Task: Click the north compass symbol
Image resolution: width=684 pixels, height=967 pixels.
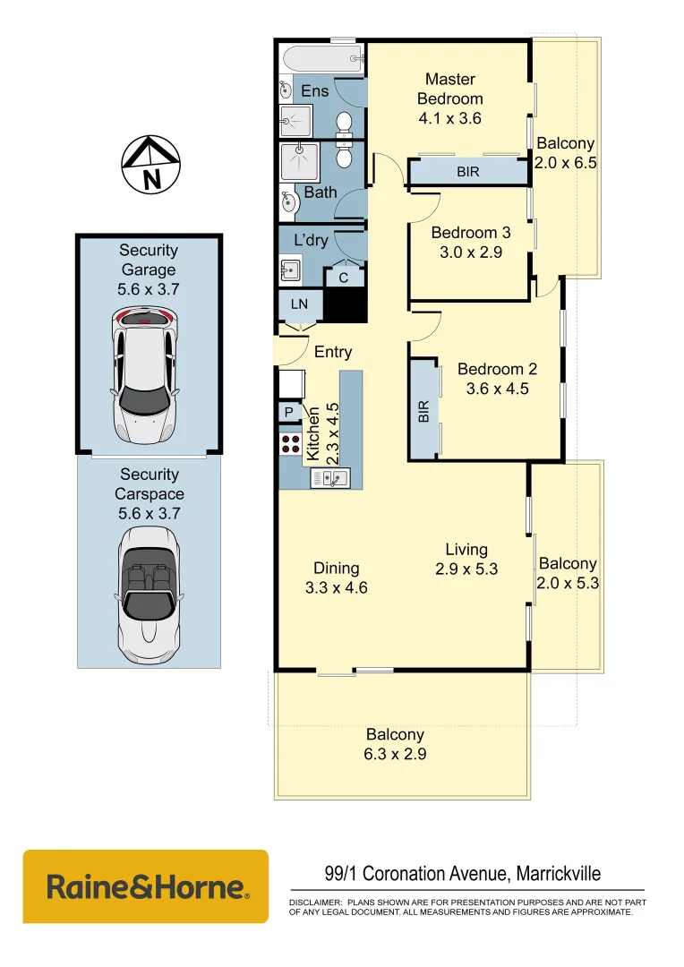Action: click(x=150, y=165)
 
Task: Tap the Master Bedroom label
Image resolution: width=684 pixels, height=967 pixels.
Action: click(x=450, y=89)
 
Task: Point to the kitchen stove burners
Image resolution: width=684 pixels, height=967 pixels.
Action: click(x=291, y=444)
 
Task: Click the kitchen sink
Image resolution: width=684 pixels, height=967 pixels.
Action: click(x=329, y=479)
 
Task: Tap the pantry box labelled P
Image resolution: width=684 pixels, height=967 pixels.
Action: click(x=289, y=413)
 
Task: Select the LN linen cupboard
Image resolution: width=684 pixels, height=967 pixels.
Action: click(x=299, y=304)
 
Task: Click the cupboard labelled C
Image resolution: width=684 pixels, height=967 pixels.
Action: click(x=344, y=278)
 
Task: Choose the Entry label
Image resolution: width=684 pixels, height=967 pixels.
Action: click(x=332, y=352)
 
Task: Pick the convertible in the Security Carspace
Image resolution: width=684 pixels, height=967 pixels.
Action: click(x=148, y=589)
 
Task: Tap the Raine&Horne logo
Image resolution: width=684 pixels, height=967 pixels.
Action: click(x=146, y=886)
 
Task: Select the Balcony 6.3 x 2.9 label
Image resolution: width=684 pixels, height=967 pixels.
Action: click(x=395, y=744)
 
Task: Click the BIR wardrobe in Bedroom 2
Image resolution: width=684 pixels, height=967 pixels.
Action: click(x=425, y=411)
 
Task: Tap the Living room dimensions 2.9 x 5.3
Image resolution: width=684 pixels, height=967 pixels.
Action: click(x=466, y=569)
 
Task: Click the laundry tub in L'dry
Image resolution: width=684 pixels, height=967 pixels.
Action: click(x=290, y=269)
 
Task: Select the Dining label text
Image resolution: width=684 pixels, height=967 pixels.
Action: click(x=336, y=568)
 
